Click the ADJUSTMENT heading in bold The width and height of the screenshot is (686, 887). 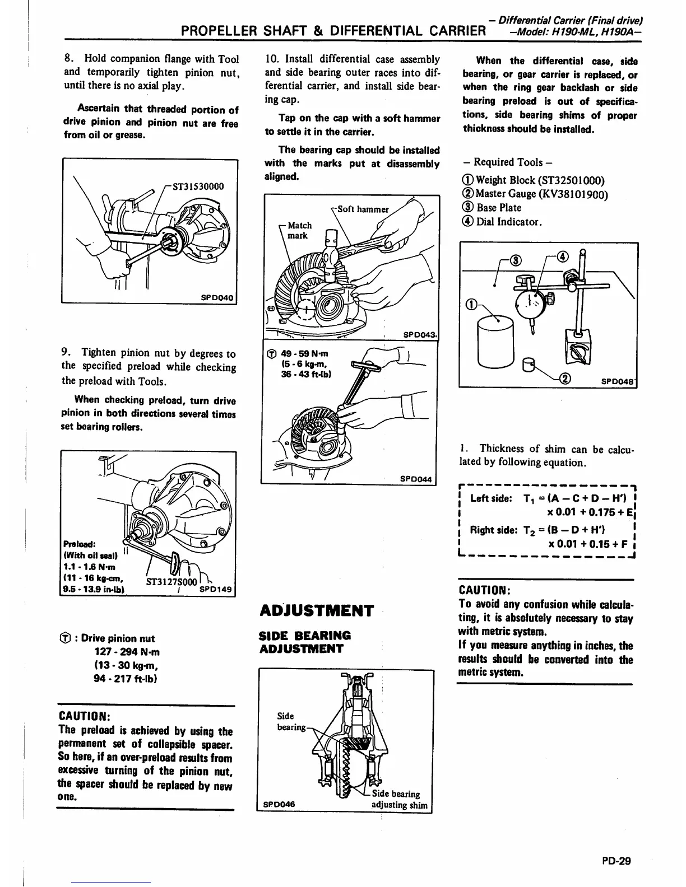tap(317, 610)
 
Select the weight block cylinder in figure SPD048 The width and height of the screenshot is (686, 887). tap(496, 340)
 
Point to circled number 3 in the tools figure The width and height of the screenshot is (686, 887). tap(517, 259)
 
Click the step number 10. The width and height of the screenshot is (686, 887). tap(272, 59)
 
